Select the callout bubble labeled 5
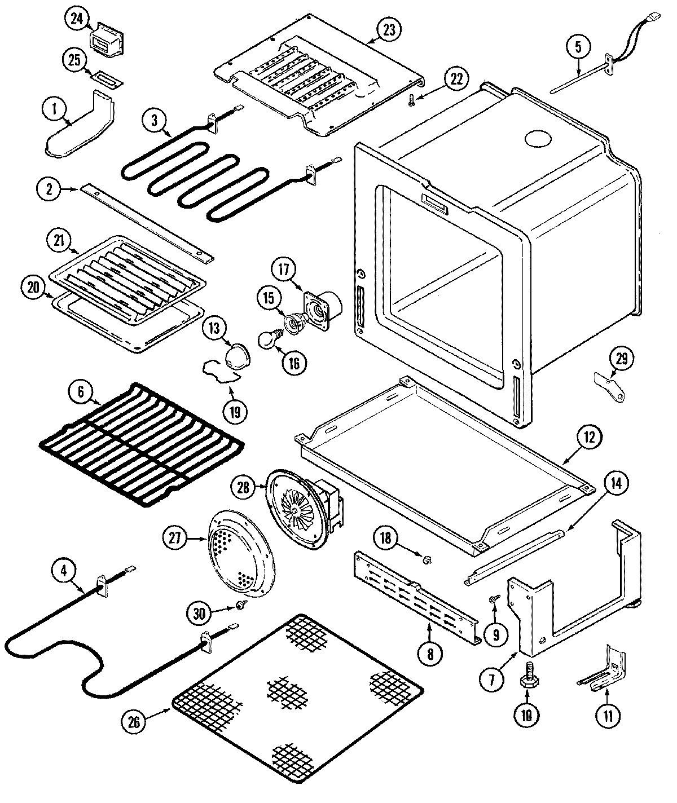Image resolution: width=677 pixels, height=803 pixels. point(578,47)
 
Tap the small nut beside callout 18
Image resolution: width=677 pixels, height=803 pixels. point(427,559)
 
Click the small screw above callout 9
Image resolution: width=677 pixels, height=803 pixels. point(493,598)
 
